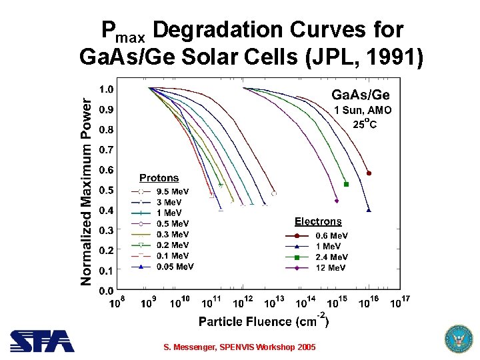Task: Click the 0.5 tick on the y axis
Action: (105, 190)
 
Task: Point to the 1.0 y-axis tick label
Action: (105, 89)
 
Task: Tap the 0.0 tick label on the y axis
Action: (105, 291)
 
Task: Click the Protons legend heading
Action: (159, 178)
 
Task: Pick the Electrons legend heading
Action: (318, 221)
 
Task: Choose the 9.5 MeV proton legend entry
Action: (173, 191)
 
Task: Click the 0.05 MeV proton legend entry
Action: (175, 267)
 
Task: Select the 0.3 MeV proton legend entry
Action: (173, 234)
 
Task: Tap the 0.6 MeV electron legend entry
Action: (331, 235)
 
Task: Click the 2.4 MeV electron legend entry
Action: (331, 257)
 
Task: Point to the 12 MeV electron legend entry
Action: (330, 267)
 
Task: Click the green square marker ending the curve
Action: (346, 184)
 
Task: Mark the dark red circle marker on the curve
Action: (369, 173)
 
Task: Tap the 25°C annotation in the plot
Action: (365, 124)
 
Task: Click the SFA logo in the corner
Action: (42, 341)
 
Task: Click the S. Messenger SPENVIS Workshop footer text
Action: (239, 347)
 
